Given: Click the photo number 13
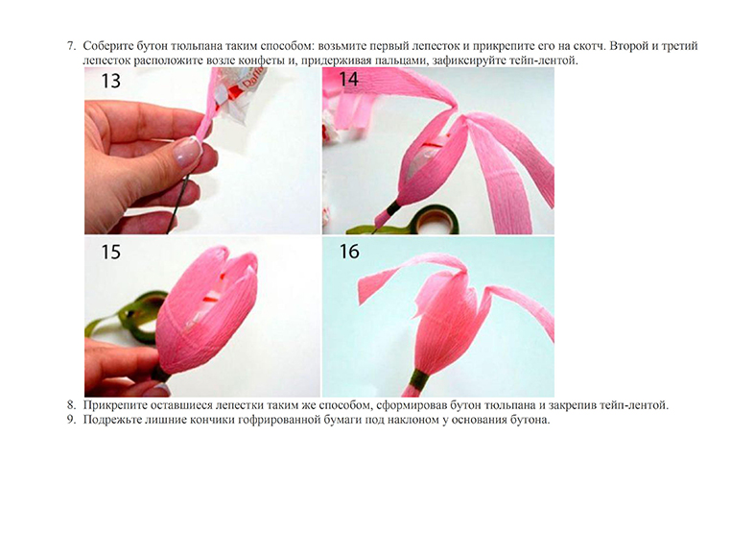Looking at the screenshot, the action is [110, 81].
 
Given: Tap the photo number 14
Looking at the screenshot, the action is [348, 79].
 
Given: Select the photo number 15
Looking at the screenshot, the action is [110, 252].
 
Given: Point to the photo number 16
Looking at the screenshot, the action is [349, 251].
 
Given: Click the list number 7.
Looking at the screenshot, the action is [71, 46].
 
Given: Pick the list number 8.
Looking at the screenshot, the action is [71, 405].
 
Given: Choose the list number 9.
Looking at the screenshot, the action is [71, 420].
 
